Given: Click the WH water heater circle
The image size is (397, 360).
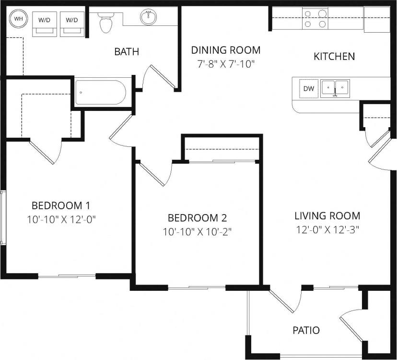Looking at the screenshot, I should tap(19, 19).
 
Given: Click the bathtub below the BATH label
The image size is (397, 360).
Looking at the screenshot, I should tap(100, 92).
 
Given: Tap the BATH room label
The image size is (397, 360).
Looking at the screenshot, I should tap(127, 51).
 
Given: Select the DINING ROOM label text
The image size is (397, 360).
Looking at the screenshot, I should tap(225, 50).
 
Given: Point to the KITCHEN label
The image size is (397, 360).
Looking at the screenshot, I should tap(334, 56).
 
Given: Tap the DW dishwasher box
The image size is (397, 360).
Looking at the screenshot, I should tap(309, 88).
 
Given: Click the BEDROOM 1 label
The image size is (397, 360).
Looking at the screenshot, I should tap(61, 206).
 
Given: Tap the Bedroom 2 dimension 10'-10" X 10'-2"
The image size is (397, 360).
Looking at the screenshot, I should tap(197, 232).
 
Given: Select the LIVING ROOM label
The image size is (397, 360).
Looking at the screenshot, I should tap(327, 216).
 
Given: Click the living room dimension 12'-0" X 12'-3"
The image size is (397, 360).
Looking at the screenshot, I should tap(327, 229).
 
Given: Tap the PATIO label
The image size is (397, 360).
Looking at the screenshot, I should tap(306, 330).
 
